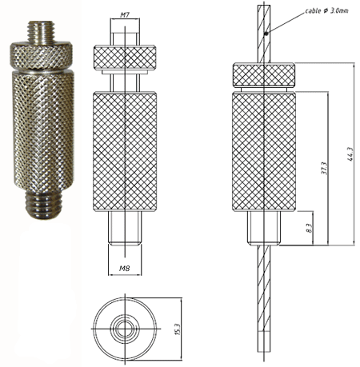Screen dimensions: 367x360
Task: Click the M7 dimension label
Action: [126, 14]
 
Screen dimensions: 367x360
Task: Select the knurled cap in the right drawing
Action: [265, 73]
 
